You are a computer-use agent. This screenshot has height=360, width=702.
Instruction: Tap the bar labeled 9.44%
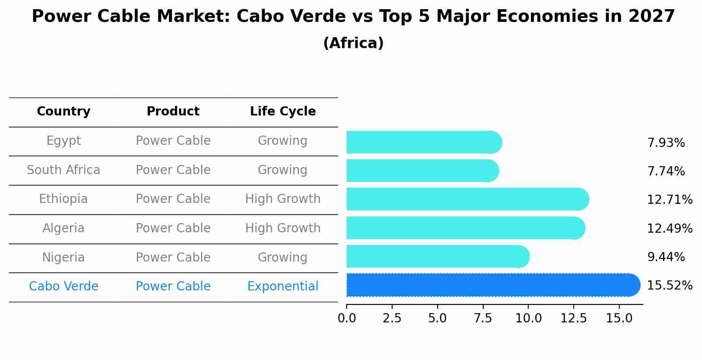click(438, 256)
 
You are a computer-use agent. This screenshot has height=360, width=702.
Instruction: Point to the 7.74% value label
click(666, 171)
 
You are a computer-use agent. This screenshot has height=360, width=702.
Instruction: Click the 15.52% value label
click(669, 286)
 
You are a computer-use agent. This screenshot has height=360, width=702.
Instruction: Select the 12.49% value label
click(669, 228)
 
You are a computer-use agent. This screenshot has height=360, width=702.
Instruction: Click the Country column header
click(63, 112)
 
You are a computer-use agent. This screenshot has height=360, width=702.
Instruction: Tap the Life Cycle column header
click(283, 112)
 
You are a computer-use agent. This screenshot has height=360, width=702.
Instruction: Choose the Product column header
click(173, 112)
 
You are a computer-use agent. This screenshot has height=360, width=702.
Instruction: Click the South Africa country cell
click(63, 170)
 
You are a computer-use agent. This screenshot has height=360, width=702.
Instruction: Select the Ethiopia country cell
click(63, 199)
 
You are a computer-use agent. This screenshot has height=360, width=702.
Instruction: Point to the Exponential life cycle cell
click(283, 287)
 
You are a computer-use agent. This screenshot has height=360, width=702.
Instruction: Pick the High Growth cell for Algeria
click(283, 228)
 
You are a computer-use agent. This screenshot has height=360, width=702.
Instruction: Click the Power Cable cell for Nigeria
click(173, 258)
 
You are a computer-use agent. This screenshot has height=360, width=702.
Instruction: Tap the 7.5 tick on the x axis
click(483, 318)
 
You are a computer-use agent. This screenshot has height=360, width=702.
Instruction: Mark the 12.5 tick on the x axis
click(573, 318)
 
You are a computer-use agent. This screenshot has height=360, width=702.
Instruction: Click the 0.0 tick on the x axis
click(347, 318)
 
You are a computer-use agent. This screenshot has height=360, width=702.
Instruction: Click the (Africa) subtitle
click(353, 43)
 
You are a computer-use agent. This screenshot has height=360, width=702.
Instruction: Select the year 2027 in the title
click(652, 17)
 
